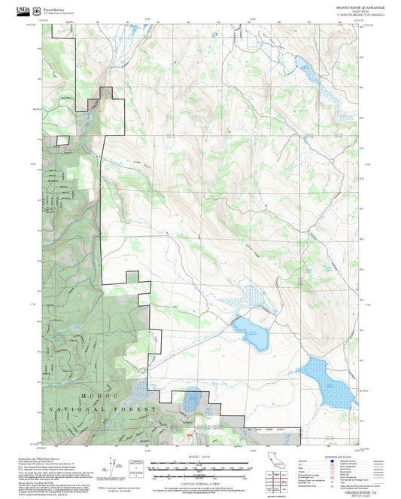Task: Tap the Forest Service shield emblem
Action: [x=38, y=10]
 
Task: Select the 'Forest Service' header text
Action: [x=56, y=8]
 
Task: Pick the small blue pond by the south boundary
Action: [x=191, y=400]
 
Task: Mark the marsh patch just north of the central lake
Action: [x=252, y=298]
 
